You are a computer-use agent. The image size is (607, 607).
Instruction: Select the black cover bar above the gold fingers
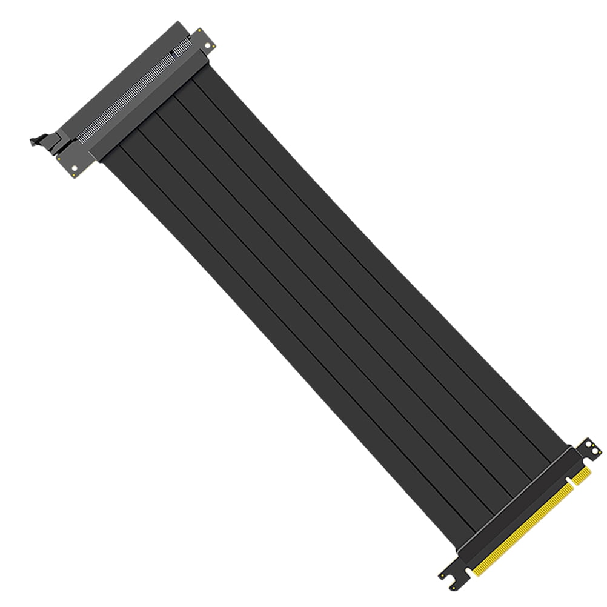(x=515, y=497)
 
